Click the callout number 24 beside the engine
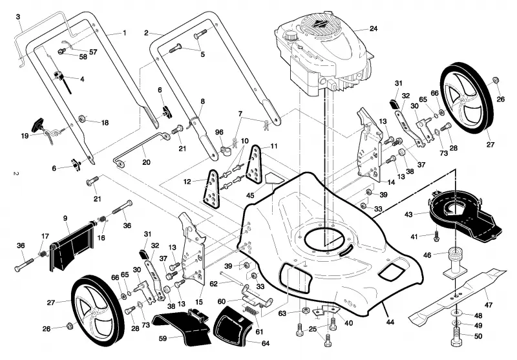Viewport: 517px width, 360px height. (374, 28)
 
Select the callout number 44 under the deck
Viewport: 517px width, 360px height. (390, 322)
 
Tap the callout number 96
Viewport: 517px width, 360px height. (219, 132)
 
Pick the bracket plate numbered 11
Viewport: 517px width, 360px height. (254, 164)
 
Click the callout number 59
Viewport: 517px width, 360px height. (163, 339)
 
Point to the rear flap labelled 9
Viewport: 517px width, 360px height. (71, 246)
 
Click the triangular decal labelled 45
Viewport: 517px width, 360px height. (274, 178)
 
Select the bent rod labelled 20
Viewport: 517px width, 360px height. (142, 148)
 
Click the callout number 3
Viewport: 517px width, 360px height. (18, 17)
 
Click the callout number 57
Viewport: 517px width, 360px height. (93, 52)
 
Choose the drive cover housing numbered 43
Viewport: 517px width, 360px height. (465, 215)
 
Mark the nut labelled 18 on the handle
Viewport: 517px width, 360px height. (82, 118)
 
